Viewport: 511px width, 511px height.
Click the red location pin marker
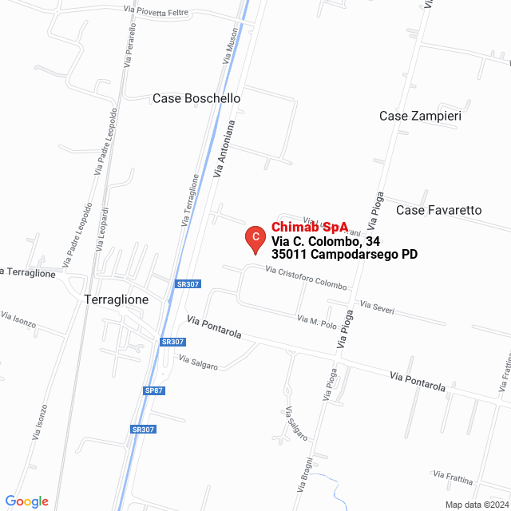pos(254,238)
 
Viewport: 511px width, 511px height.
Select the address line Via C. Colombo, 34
pos(325,241)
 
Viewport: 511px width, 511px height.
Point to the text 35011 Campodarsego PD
pos(344,255)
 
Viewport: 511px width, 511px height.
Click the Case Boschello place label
pos(196,98)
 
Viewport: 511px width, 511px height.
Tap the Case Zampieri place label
pos(420,116)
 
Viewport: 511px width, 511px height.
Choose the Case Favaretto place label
pos(438,210)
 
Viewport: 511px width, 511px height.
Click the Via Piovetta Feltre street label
pos(157,10)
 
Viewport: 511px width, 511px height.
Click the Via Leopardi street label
pos(101,225)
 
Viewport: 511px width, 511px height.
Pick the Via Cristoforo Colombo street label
pos(302,279)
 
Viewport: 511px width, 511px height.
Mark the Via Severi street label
pos(377,307)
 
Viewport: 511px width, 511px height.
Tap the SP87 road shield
pos(154,390)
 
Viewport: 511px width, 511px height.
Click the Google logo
pos(26,501)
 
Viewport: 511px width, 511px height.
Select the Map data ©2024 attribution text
pos(477,505)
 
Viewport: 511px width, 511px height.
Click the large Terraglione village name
pos(116,299)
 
